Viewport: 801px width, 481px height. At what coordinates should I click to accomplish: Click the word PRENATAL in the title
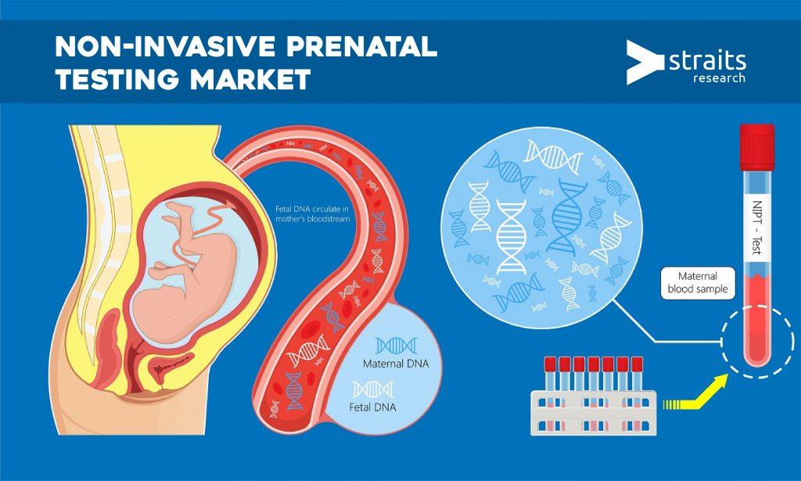coord(361,46)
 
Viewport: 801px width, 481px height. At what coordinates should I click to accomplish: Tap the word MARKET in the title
coord(250,79)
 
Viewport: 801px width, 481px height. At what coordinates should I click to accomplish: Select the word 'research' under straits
coord(719,78)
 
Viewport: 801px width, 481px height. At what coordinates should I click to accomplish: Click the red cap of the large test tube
coord(757,146)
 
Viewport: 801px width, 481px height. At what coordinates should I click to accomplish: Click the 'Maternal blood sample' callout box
coord(698,283)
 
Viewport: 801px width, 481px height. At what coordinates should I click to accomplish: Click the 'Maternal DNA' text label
coord(395,363)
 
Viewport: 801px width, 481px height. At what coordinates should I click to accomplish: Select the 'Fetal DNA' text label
coord(372,407)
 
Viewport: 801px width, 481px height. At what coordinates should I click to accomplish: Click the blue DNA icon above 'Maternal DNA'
coord(396,345)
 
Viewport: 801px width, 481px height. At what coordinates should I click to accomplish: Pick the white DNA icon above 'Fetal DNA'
coord(373,389)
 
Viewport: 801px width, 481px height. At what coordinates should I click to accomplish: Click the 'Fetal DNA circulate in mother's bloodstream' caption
coord(312,214)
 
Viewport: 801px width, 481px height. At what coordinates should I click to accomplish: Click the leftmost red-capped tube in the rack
coord(550,374)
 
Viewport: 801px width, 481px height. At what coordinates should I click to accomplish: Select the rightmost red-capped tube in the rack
coord(637,374)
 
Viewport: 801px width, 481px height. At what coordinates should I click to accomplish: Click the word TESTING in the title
coord(117,79)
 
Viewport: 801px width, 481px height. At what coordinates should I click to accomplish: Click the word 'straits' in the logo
coord(707,61)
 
